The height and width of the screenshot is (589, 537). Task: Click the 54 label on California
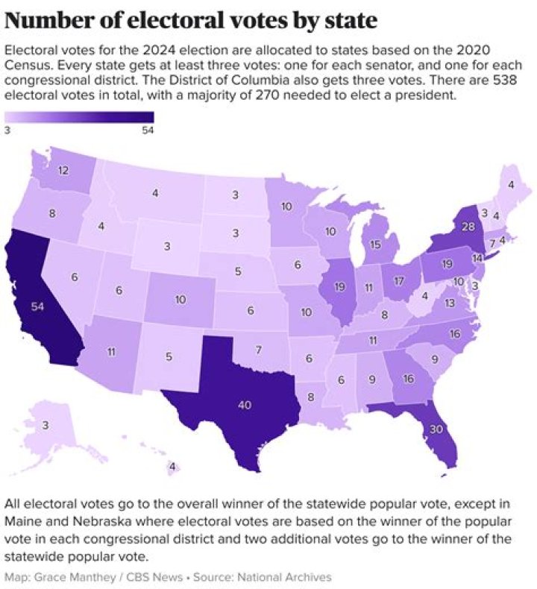(x=38, y=306)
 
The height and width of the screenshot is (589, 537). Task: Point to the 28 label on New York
(x=468, y=227)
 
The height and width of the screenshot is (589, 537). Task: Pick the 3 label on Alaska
(x=45, y=426)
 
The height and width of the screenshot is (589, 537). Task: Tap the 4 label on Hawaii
(x=172, y=467)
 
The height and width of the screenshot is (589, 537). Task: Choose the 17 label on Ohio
(x=399, y=282)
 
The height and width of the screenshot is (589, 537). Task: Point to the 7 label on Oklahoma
(x=258, y=350)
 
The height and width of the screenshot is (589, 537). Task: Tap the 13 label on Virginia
(x=450, y=303)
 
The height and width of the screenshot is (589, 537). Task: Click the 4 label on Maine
(x=511, y=185)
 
